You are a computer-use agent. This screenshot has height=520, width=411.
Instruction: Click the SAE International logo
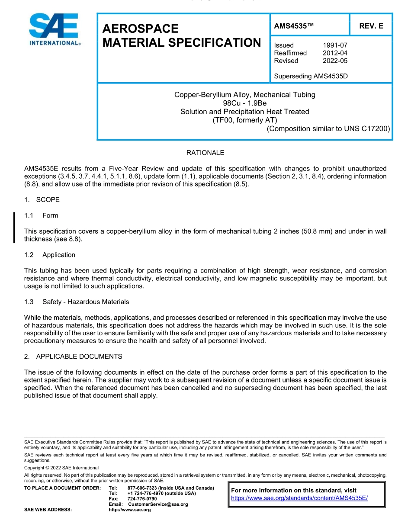coord(54,29)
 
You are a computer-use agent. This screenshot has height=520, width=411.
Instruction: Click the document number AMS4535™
coord(294,26)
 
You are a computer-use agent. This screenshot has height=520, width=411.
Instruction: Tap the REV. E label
coord(371,26)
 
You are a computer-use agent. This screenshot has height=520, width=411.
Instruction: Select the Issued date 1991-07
coord(335,45)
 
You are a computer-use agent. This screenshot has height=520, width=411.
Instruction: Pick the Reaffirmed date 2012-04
coord(335,53)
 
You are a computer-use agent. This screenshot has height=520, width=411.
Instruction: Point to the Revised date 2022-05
coord(335,61)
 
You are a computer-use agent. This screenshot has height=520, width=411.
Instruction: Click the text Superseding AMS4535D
coord(311,76)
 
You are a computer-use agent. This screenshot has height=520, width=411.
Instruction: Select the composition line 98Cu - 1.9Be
coord(244,103)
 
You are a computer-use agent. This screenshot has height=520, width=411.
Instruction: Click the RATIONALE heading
coord(205,153)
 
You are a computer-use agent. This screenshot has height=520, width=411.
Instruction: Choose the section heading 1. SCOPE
coord(42,199)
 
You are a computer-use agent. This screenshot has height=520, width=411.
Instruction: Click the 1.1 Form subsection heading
coord(42,215)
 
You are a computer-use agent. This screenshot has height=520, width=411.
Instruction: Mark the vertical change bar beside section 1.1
coord(15,228)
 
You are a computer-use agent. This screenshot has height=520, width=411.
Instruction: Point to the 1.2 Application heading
coord(50,255)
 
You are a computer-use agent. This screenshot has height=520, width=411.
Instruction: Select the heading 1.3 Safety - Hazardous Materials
coord(77,302)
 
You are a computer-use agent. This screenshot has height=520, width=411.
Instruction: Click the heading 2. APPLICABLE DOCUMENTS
coord(73,356)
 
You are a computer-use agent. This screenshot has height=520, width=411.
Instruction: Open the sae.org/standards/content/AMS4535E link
coord(299,498)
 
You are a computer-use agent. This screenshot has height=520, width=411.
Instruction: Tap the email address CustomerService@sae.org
coord(158,504)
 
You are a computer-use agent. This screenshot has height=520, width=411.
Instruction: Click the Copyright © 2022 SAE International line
coord(61,468)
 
